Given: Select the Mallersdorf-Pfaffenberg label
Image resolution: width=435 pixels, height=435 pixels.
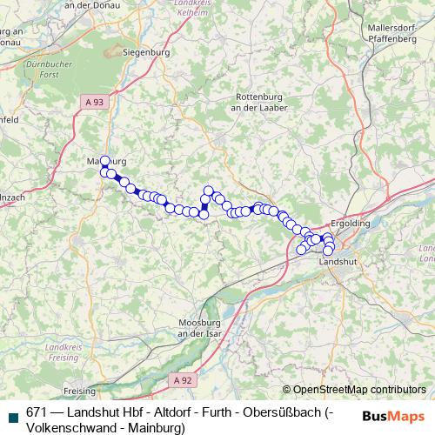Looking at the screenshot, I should [392, 33].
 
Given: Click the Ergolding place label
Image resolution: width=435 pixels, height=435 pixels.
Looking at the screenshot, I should [351, 223].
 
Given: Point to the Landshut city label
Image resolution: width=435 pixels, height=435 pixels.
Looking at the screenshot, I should [338, 261].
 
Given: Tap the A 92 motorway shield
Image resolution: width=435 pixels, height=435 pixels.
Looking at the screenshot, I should [181, 379].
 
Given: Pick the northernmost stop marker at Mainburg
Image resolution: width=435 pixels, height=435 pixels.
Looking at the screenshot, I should [105, 161].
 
